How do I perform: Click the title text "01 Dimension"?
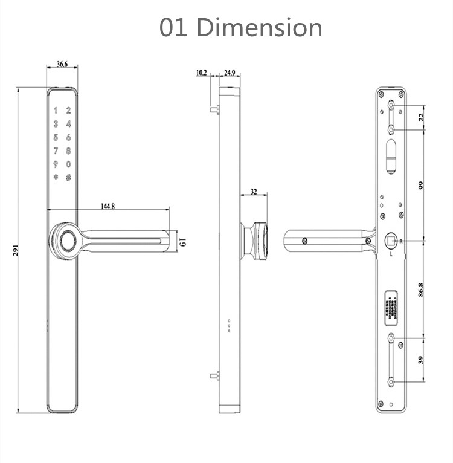(x=240, y=28)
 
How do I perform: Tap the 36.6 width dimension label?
(x=62, y=63)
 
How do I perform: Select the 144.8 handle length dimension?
(x=108, y=206)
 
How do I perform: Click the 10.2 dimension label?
(x=201, y=73)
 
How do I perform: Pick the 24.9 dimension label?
(x=230, y=73)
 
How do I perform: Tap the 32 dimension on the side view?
(x=253, y=192)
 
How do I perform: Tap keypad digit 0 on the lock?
(x=69, y=164)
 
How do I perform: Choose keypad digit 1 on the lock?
(x=55, y=111)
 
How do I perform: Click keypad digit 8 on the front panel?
(x=69, y=151)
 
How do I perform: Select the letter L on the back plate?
(x=391, y=254)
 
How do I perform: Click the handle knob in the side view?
(x=258, y=239)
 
